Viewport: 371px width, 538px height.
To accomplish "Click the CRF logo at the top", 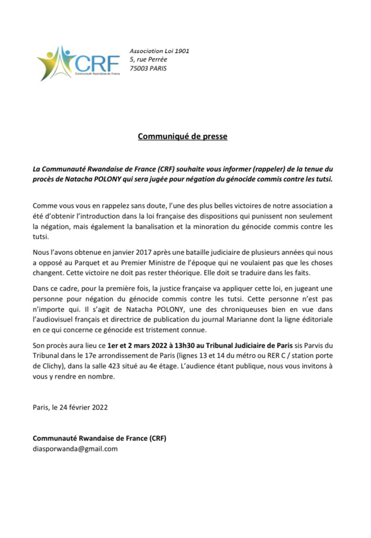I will pyautogui.click(x=76, y=63).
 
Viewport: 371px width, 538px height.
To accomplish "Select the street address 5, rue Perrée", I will pyautogui.click(x=148, y=59).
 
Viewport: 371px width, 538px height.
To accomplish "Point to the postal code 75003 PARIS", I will pyautogui.click(x=149, y=68).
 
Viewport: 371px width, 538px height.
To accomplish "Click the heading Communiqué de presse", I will pyautogui.click(x=182, y=137).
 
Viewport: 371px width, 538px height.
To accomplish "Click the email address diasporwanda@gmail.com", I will pyautogui.click(x=75, y=448).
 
